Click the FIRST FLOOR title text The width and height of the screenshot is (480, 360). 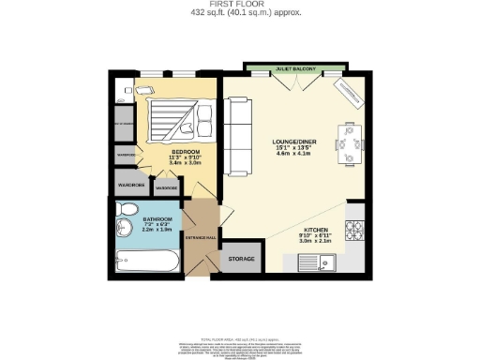click(239, 5)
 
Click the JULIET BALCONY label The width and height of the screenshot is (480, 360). click(295, 69)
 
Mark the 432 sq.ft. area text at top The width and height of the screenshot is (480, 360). click(239, 14)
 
